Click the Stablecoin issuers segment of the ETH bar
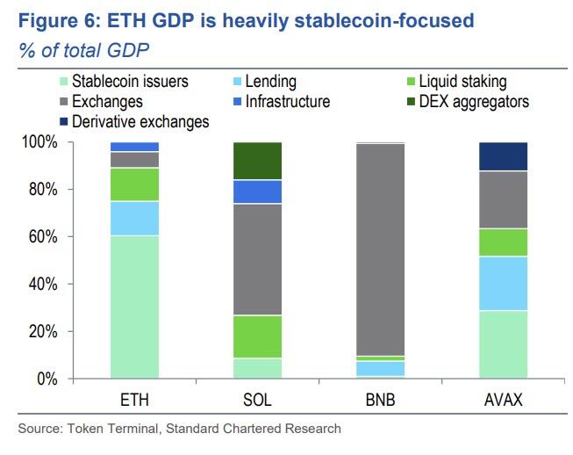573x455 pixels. pos(134,307)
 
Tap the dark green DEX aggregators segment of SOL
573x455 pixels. pos(257,161)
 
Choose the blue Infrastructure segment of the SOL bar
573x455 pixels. pos(257,192)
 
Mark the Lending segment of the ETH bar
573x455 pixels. pos(134,219)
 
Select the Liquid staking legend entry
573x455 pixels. pos(462,82)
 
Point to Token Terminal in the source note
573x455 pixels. pos(98,429)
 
